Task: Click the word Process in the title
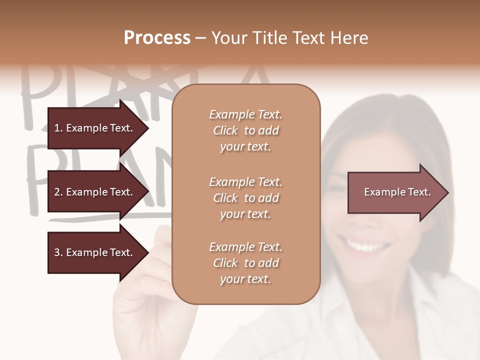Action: [x=157, y=38]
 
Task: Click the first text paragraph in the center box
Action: [x=245, y=130]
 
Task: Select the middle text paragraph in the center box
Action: [x=245, y=198]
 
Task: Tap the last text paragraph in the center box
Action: [x=245, y=263]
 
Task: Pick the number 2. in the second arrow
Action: [x=58, y=192]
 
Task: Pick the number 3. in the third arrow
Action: [x=58, y=252]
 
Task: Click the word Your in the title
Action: [x=230, y=38]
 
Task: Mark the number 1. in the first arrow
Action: [x=58, y=128]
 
